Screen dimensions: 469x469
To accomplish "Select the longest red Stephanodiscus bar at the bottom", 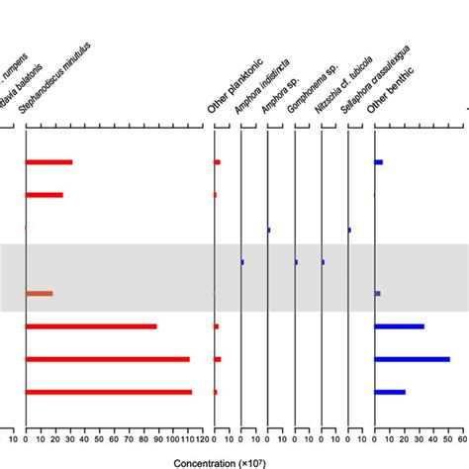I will (x=109, y=393).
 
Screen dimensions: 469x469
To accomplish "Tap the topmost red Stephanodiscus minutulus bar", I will (x=48, y=162).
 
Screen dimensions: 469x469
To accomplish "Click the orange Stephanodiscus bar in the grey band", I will (x=39, y=294).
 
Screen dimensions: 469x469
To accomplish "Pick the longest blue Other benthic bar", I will (x=412, y=359).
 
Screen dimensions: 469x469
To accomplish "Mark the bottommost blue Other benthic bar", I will (x=390, y=393).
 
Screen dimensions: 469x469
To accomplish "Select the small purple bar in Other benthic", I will (x=377, y=294).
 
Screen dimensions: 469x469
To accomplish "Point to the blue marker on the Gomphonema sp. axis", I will (x=296, y=262).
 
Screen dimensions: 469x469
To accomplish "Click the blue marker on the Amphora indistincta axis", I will (x=242, y=262).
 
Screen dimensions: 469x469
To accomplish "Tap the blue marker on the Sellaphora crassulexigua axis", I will (x=349, y=230).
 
